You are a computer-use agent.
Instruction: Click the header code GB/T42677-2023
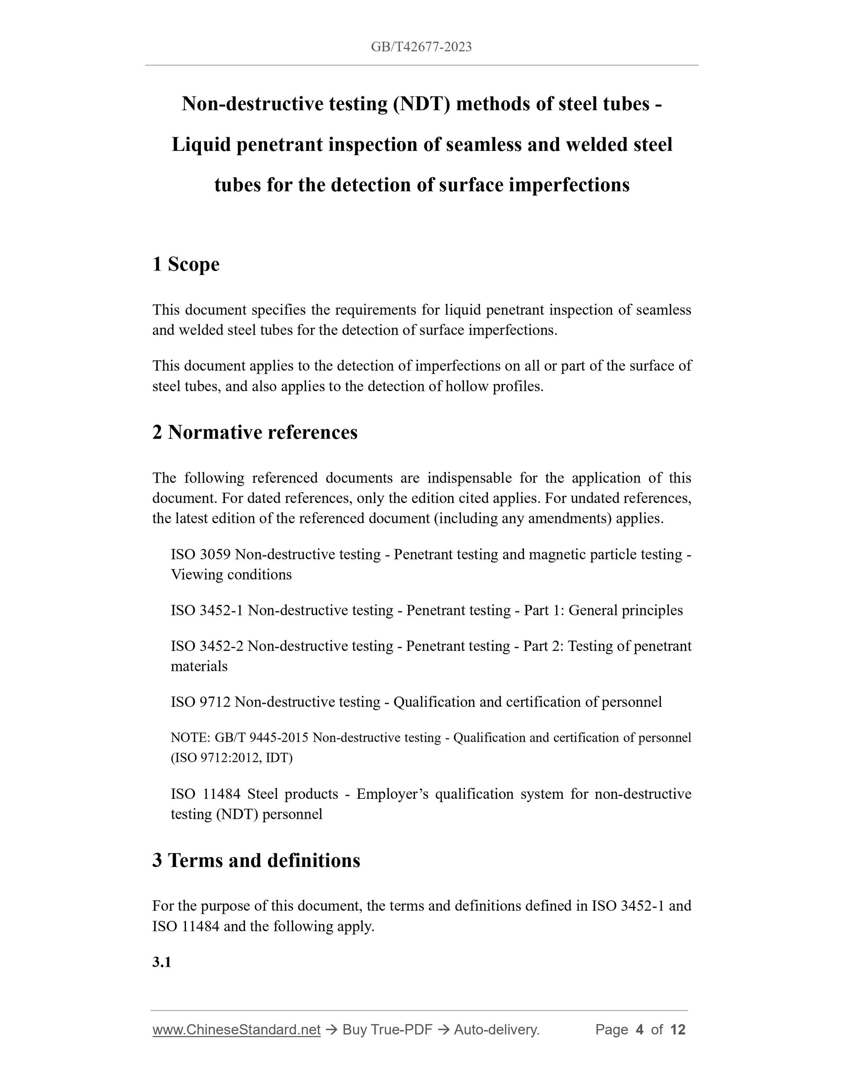tap(421, 47)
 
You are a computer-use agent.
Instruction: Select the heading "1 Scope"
tap(186, 264)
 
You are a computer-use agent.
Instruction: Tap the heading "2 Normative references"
tap(255, 432)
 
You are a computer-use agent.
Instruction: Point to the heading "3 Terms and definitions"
tap(256, 860)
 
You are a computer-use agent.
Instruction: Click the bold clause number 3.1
tap(161, 962)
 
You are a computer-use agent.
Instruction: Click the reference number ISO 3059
tap(200, 555)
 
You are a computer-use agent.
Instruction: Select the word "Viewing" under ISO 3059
tap(196, 575)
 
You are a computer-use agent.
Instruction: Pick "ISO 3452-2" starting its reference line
tap(207, 646)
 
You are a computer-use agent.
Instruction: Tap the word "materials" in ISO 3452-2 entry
tap(199, 666)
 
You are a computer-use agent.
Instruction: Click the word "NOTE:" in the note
tap(190, 738)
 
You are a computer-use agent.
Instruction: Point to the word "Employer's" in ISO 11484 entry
tap(393, 794)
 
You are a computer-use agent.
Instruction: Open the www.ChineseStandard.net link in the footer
tap(236, 1030)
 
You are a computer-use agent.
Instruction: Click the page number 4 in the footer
tap(639, 1030)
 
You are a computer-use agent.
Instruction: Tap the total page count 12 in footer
tap(677, 1030)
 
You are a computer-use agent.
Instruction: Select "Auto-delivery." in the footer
tap(497, 1030)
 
